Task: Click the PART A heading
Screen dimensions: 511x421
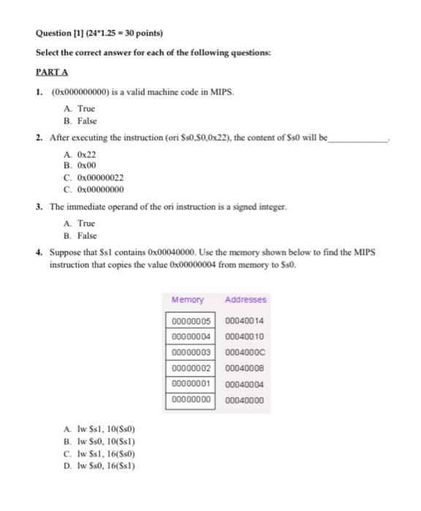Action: (x=52, y=72)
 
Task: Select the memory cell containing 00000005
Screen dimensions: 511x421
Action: (x=191, y=320)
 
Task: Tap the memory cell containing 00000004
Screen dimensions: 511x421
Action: (x=191, y=337)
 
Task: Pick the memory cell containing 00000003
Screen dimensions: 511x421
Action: (x=191, y=352)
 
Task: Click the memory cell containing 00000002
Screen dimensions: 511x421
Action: (x=191, y=368)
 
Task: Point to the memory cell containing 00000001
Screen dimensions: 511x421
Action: (x=191, y=384)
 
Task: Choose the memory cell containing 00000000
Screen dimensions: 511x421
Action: (x=191, y=399)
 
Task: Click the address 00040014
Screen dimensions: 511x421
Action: (x=245, y=320)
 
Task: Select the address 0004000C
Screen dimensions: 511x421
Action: (x=245, y=352)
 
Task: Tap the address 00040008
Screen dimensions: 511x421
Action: (x=245, y=368)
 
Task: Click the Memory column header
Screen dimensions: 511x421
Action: (x=188, y=299)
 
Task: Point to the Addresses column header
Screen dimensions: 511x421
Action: (x=246, y=299)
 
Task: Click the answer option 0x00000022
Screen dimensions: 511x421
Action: (x=94, y=177)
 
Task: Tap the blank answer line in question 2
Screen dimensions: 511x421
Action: (x=358, y=138)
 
